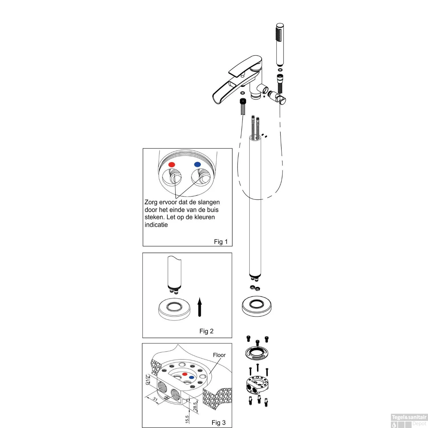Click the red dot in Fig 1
tap(171, 164)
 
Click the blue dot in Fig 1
tap(197, 164)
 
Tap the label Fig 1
tap(221, 242)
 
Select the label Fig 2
tap(206, 331)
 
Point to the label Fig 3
tap(219, 423)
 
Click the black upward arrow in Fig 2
tap(200, 307)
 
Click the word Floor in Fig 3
tap(219, 355)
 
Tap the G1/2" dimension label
tap(148, 380)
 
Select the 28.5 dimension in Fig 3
tap(195, 406)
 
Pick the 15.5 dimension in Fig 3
tap(187, 419)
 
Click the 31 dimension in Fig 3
tap(155, 399)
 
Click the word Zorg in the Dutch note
tap(151, 202)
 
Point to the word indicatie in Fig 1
tap(156, 225)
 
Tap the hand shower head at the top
tap(280, 45)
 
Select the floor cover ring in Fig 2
tap(174, 309)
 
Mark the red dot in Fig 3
tap(185, 374)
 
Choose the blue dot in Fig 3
tap(191, 377)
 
